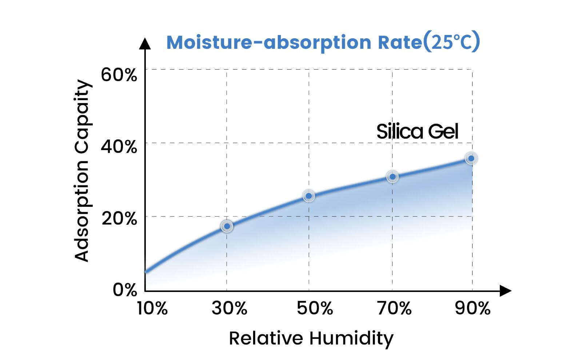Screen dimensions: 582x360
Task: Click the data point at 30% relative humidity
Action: pyautogui.click(x=227, y=226)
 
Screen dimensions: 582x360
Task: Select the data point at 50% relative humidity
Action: pyautogui.click(x=309, y=196)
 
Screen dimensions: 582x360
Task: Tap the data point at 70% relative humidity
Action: pyautogui.click(x=392, y=177)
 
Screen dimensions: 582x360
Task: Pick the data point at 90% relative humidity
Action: pyautogui.click(x=471, y=158)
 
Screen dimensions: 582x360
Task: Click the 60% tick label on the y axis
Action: pyautogui.click(x=119, y=75)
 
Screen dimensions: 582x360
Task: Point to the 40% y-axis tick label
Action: pyautogui.click(x=119, y=147)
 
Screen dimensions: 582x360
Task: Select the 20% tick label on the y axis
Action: pyautogui.click(x=119, y=218)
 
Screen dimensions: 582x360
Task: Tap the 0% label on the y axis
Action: pyautogui.click(x=125, y=289)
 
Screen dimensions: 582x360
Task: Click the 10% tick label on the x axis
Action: pyautogui.click(x=152, y=308)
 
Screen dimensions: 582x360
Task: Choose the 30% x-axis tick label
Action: pyautogui.click(x=229, y=308)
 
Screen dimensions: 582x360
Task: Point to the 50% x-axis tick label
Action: pyautogui.click(x=315, y=308)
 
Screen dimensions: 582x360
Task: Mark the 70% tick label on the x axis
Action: pyautogui.click(x=394, y=308)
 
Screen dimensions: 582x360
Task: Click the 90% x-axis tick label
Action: pyautogui.click(x=473, y=308)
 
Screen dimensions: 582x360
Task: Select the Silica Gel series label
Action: pyautogui.click(x=417, y=131)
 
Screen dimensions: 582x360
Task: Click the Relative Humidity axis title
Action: pyautogui.click(x=311, y=339)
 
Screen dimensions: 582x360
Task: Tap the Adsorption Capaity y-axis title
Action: pyautogui.click(x=82, y=170)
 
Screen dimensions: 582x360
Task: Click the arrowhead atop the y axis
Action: pyautogui.click(x=145, y=44)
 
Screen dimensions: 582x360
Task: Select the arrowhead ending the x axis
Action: pyautogui.click(x=505, y=290)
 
